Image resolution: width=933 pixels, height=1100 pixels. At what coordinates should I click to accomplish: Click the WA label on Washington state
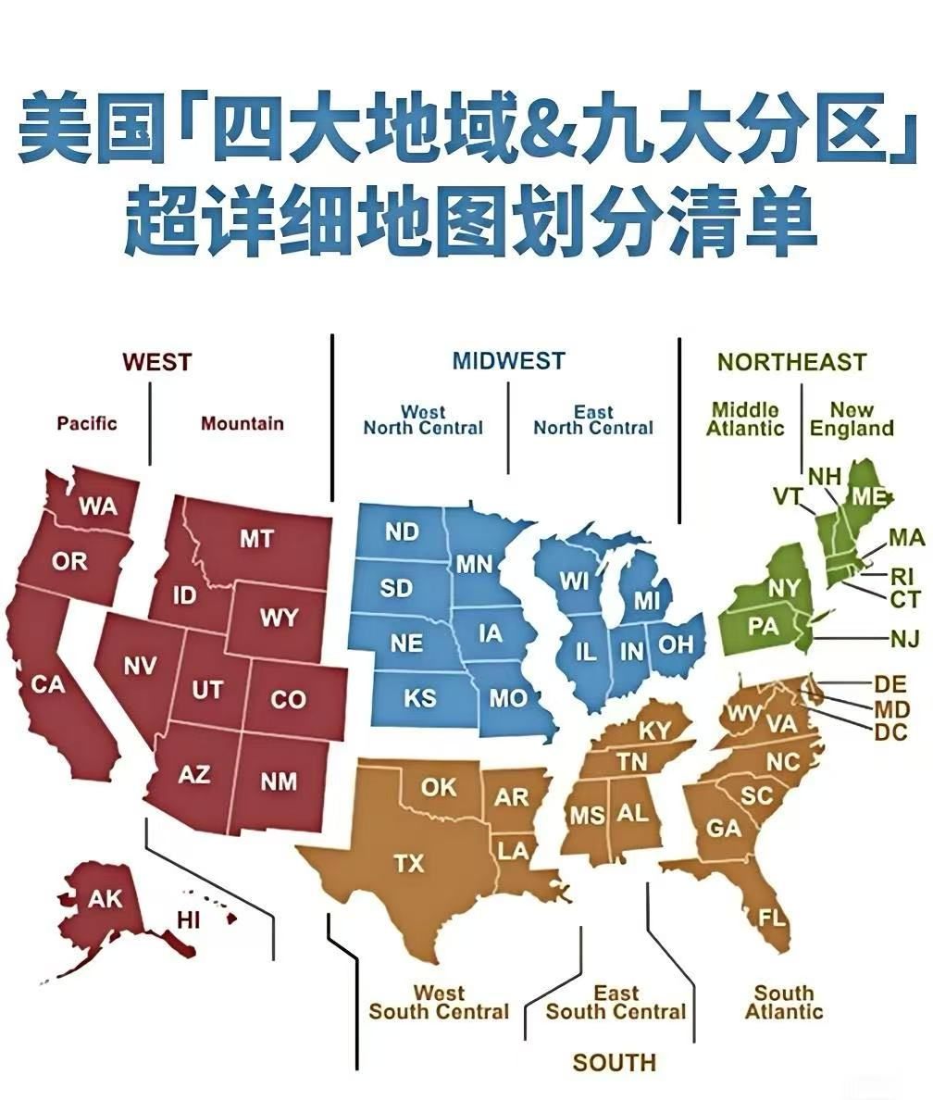coord(97,506)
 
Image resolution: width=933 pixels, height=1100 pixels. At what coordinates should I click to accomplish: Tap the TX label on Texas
coord(409,864)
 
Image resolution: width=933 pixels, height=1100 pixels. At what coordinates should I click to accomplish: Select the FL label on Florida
coord(772,918)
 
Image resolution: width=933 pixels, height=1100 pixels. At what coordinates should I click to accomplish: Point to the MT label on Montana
coord(256,538)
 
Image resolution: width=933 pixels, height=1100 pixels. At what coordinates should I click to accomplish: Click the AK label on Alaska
coord(105,899)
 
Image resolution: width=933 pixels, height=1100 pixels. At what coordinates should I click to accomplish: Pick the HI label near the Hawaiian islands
coord(189,919)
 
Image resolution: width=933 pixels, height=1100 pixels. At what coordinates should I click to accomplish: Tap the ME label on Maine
coord(869,496)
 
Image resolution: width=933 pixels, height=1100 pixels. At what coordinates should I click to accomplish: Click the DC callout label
coord(892,732)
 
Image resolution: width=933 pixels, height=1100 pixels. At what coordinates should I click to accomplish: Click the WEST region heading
coord(156,361)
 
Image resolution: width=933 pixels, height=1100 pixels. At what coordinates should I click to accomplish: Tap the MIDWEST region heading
coord(508,361)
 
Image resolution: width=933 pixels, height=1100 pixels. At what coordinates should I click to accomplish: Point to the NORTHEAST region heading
coord(791,362)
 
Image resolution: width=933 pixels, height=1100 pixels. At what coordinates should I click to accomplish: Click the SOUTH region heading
coord(614,1062)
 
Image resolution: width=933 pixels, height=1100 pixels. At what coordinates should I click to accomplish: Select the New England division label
coord(852,419)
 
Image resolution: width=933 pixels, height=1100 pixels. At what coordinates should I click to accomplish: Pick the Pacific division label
coord(87,423)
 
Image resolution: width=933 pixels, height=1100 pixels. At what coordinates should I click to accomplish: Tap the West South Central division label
coord(439,1003)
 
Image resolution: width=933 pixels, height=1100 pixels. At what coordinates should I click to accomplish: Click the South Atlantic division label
coord(784,1003)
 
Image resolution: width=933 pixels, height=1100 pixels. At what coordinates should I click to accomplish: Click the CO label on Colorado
coord(288,699)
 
